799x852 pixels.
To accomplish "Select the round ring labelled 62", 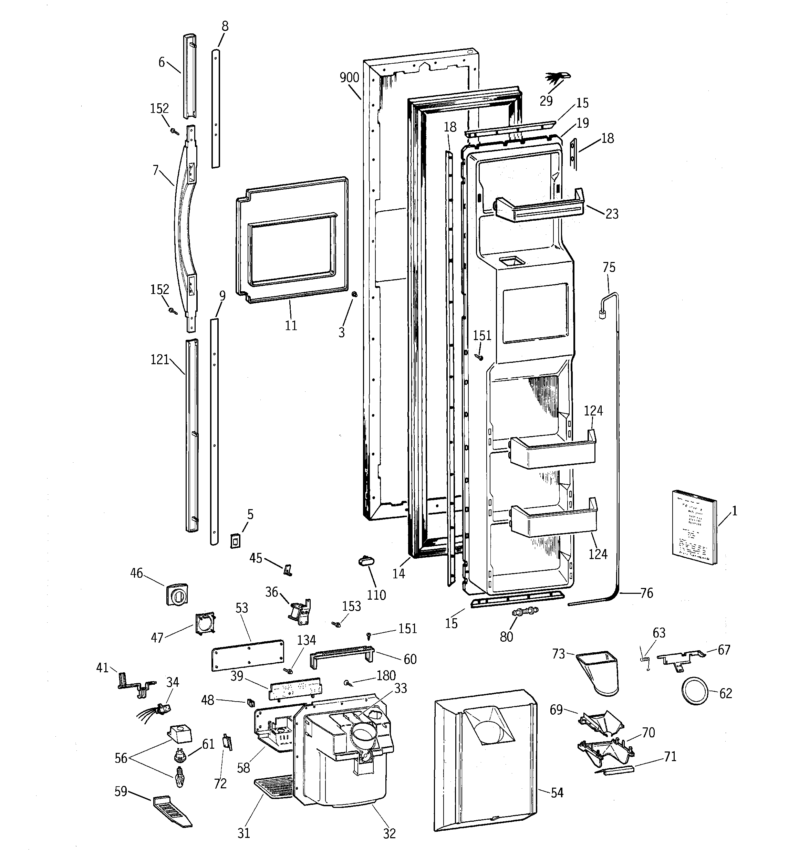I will pyautogui.click(x=694, y=691).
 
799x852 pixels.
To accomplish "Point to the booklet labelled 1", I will pyautogui.click(x=694, y=527).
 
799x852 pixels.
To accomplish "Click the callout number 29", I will pyautogui.click(x=546, y=101).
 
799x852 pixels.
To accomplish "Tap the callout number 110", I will pyautogui.click(x=376, y=595).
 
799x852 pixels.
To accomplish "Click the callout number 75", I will pyautogui.click(x=609, y=267).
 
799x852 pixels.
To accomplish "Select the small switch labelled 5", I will pyautogui.click(x=235, y=541).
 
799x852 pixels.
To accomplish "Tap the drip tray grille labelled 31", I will pyautogui.click(x=272, y=788).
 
